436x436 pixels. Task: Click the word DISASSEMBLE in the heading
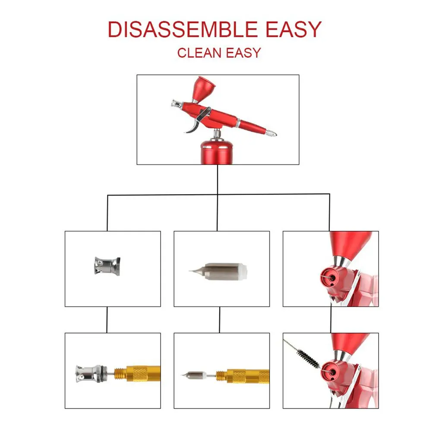click(183, 29)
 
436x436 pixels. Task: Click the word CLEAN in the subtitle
click(199, 53)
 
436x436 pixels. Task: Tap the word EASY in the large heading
click(294, 29)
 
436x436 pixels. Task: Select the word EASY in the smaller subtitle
click(243, 53)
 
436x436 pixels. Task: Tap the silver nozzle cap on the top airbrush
click(177, 104)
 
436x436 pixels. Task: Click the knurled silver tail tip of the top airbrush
click(271, 133)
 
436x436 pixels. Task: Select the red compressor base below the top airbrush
click(217, 153)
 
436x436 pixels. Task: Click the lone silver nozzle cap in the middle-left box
click(107, 266)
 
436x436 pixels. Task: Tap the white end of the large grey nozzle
click(243, 272)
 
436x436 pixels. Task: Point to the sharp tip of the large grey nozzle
click(190, 271)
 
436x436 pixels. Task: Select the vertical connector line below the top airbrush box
click(218, 179)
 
